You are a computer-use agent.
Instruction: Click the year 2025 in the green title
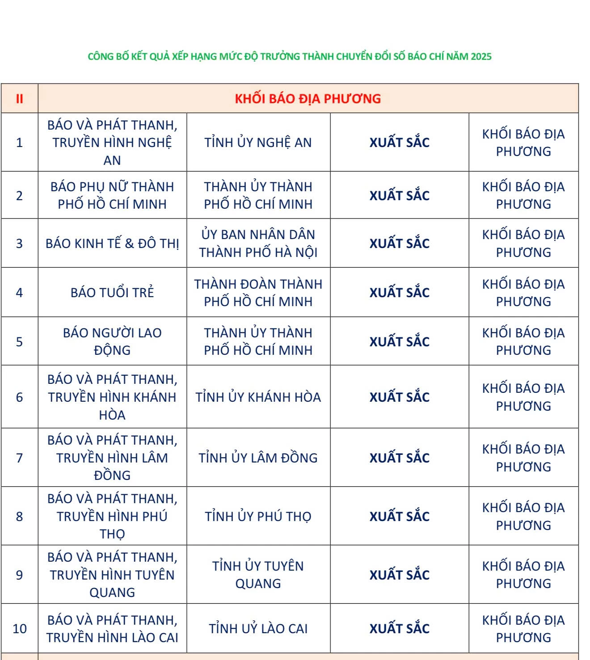point(480,57)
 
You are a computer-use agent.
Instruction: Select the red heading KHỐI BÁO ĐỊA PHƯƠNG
point(308,99)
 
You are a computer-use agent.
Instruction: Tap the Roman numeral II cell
point(19,99)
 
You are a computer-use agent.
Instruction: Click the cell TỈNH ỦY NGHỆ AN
point(258,143)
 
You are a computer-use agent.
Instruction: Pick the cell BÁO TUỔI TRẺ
point(112,293)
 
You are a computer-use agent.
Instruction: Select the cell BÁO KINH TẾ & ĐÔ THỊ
point(112,244)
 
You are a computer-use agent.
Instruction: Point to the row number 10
point(20,629)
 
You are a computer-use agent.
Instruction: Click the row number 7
point(19,458)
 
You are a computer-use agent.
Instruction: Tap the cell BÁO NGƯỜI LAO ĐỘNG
point(112,341)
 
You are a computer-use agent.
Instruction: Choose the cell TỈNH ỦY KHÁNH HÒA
point(258,397)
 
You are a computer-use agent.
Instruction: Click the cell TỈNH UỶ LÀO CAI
point(258,629)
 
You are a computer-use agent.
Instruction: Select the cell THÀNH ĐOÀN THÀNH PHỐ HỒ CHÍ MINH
point(258,293)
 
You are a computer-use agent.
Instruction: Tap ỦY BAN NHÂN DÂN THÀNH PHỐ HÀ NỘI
point(258,244)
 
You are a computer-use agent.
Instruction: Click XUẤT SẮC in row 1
point(399,143)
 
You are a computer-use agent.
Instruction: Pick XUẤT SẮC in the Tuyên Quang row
point(399,575)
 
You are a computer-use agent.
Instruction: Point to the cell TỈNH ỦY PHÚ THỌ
point(258,517)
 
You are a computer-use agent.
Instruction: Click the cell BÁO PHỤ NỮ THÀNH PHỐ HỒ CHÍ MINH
point(112,195)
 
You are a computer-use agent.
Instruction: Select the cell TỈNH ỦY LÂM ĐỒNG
point(258,458)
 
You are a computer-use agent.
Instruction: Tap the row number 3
point(19,244)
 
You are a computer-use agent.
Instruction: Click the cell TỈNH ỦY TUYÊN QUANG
point(258,575)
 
